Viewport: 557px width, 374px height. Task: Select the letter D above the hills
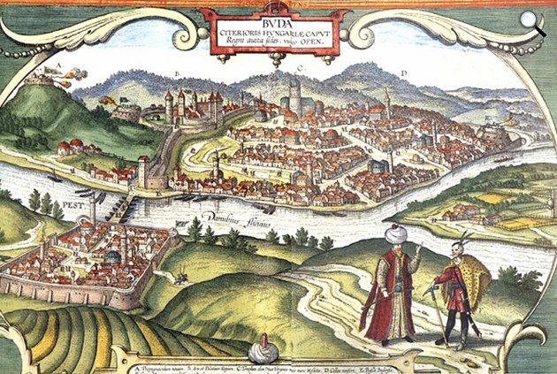[403, 72]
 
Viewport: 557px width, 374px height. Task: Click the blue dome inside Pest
[108, 256]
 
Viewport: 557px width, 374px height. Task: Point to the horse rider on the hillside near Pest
[180, 278]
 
